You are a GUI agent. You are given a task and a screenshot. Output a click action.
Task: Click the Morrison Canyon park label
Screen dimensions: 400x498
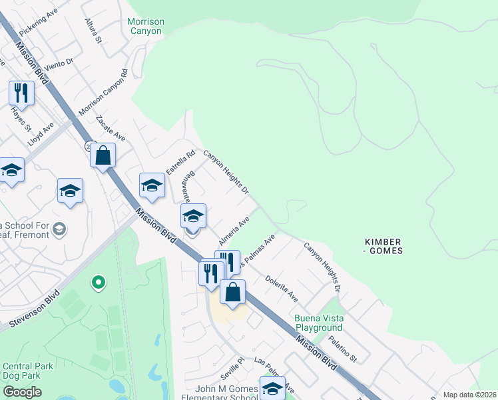(x=146, y=27)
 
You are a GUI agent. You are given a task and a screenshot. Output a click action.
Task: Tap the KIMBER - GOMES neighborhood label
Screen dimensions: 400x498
(x=384, y=245)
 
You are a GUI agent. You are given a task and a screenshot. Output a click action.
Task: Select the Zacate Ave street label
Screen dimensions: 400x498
(x=110, y=128)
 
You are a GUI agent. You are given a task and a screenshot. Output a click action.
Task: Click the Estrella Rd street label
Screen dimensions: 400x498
(x=180, y=162)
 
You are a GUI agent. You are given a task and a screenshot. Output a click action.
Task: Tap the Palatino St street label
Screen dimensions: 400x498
(x=343, y=349)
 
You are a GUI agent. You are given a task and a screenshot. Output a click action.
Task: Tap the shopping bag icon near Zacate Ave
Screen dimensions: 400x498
(x=103, y=156)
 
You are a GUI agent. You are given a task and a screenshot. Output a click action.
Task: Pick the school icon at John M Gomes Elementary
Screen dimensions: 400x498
(x=272, y=388)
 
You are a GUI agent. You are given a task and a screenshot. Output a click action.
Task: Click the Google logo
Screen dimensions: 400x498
(x=22, y=392)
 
